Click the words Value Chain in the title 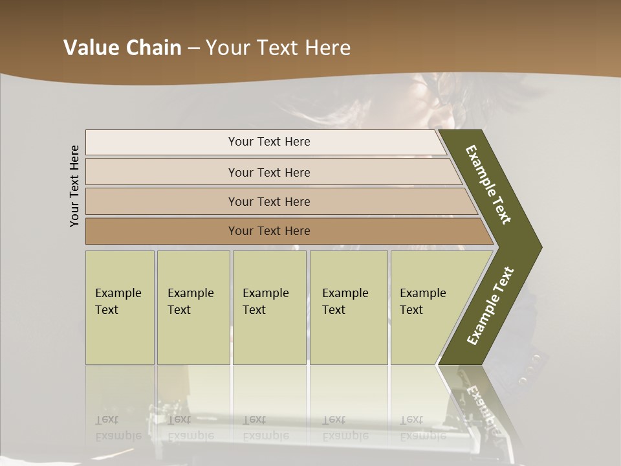tap(122, 48)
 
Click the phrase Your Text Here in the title tap(278, 48)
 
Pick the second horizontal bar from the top tap(269, 172)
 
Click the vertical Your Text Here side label tap(74, 186)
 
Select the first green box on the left tap(120, 307)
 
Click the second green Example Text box tap(193, 307)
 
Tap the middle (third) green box tap(269, 307)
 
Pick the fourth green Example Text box tap(348, 307)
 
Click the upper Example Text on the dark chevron tap(488, 184)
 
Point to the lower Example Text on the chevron tap(490, 306)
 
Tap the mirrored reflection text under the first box tap(118, 428)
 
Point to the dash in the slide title tap(193, 49)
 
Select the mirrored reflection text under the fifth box tap(423, 428)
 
